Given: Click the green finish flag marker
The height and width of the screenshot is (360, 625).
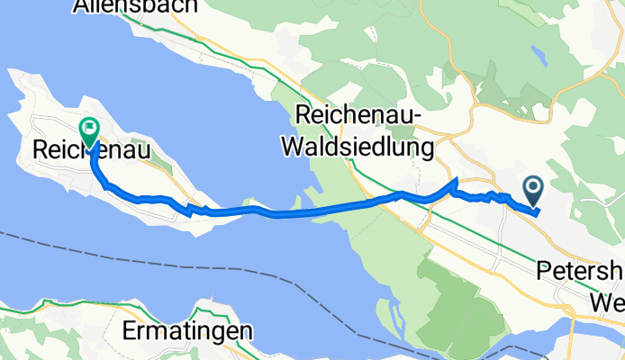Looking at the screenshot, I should tap(90, 131).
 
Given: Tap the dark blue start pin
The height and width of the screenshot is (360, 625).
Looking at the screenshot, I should tap(532, 188).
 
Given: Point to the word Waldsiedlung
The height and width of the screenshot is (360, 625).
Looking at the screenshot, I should tap(358, 145).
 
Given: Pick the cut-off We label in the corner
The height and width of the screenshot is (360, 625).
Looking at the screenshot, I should tap(606, 299).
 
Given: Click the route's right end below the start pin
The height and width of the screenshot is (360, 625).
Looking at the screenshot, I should tap(537, 212).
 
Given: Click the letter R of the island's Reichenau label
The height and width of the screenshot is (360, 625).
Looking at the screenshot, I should tap(39, 149).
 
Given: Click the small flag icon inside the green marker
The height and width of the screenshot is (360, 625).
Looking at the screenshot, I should tap(90, 129).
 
